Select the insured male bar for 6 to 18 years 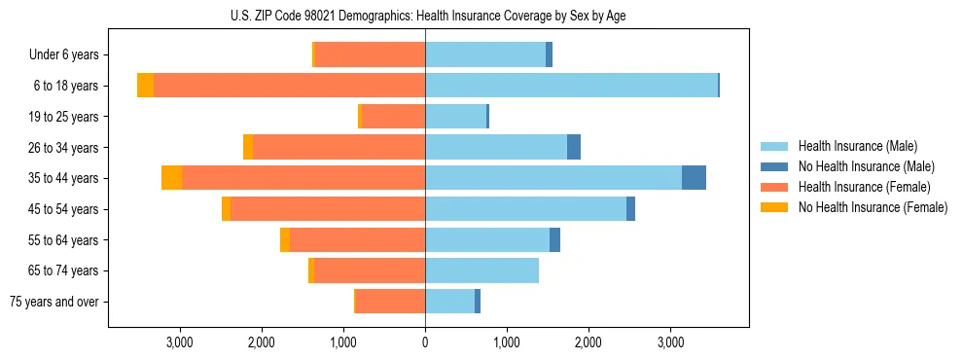[x=571, y=86]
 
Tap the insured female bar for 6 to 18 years [x=289, y=86]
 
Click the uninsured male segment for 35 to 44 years [x=694, y=178]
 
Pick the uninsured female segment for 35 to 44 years [x=171, y=178]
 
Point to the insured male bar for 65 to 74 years [x=481, y=270]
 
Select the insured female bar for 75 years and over [x=390, y=302]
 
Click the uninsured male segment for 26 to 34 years [x=574, y=147]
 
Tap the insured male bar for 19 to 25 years [x=455, y=117]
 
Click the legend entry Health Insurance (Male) [x=857, y=146]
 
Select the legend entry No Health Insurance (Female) [x=873, y=207]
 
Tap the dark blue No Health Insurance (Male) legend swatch [x=774, y=166]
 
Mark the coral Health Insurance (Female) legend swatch [x=774, y=187]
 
